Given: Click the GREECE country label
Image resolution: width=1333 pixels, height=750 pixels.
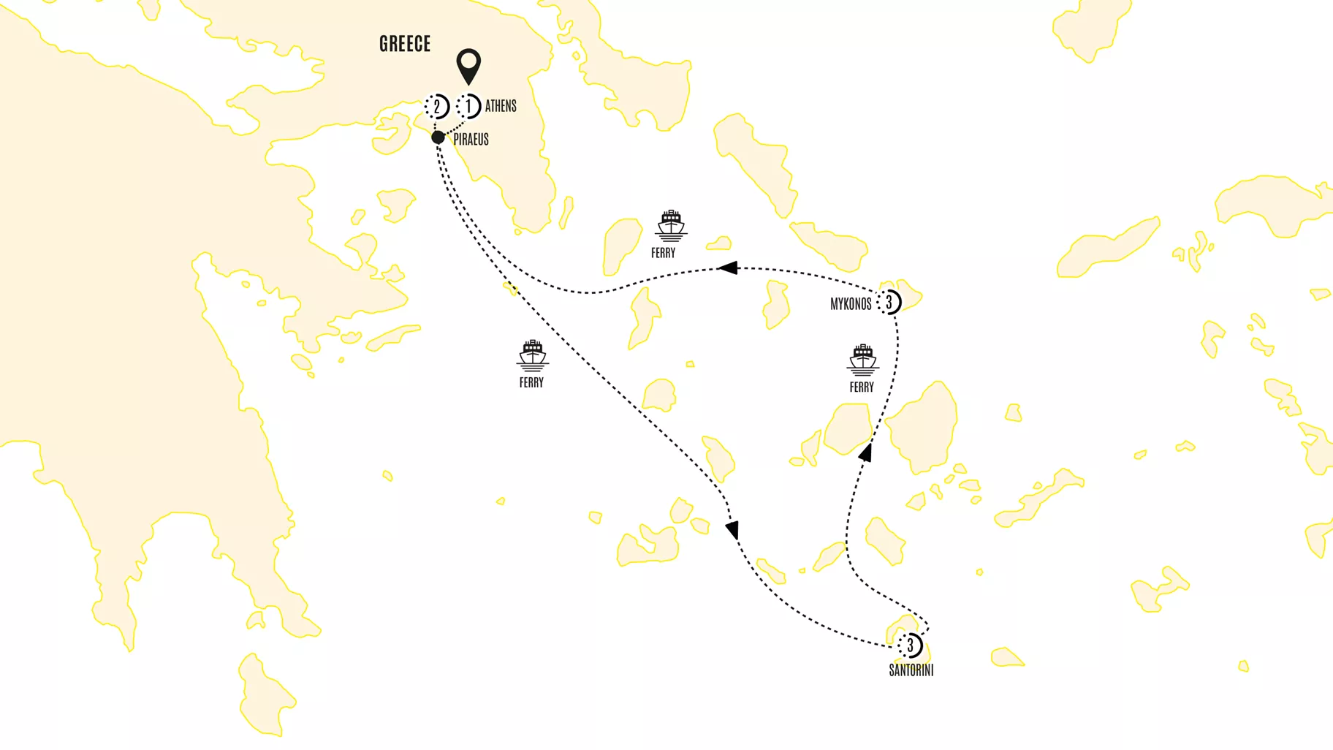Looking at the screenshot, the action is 405,44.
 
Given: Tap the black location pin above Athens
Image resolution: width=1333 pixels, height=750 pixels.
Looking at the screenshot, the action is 468,65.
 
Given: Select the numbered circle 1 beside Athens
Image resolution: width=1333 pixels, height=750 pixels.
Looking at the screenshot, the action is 469,106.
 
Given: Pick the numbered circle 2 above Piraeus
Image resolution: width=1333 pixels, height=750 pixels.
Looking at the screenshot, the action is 437,107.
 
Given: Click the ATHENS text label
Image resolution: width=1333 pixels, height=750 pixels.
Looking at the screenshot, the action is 501,106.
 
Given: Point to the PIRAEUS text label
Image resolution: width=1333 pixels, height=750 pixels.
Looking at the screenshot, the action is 471,139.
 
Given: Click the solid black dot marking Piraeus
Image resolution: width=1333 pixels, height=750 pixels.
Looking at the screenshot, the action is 438,137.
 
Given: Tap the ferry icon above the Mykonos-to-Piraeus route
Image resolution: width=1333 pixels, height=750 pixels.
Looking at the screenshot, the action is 671,225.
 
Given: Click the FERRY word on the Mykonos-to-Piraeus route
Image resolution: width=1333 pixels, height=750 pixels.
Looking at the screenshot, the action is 664,253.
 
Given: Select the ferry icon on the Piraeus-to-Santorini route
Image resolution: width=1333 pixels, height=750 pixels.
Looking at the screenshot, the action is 532,355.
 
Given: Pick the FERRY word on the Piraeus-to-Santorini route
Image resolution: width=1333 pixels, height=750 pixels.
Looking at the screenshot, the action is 531,382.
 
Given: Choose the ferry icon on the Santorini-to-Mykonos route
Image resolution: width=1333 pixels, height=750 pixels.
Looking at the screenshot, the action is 862,360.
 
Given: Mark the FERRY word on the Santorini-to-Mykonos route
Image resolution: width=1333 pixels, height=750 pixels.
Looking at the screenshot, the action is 862,387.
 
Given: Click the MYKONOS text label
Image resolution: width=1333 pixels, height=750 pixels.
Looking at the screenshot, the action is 851,304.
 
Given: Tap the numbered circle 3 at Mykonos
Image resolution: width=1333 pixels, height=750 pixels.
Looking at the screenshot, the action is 889,302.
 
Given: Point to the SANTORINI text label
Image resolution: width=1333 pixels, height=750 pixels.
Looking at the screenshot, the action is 911,670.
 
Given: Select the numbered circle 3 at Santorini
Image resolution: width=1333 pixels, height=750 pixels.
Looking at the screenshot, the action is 911,645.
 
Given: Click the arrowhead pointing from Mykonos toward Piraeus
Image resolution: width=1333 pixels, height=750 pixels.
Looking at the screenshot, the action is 728,268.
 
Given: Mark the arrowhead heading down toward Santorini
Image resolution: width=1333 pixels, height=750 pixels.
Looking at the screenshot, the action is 732,530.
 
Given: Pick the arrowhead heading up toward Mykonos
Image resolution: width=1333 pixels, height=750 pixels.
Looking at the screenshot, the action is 866,453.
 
